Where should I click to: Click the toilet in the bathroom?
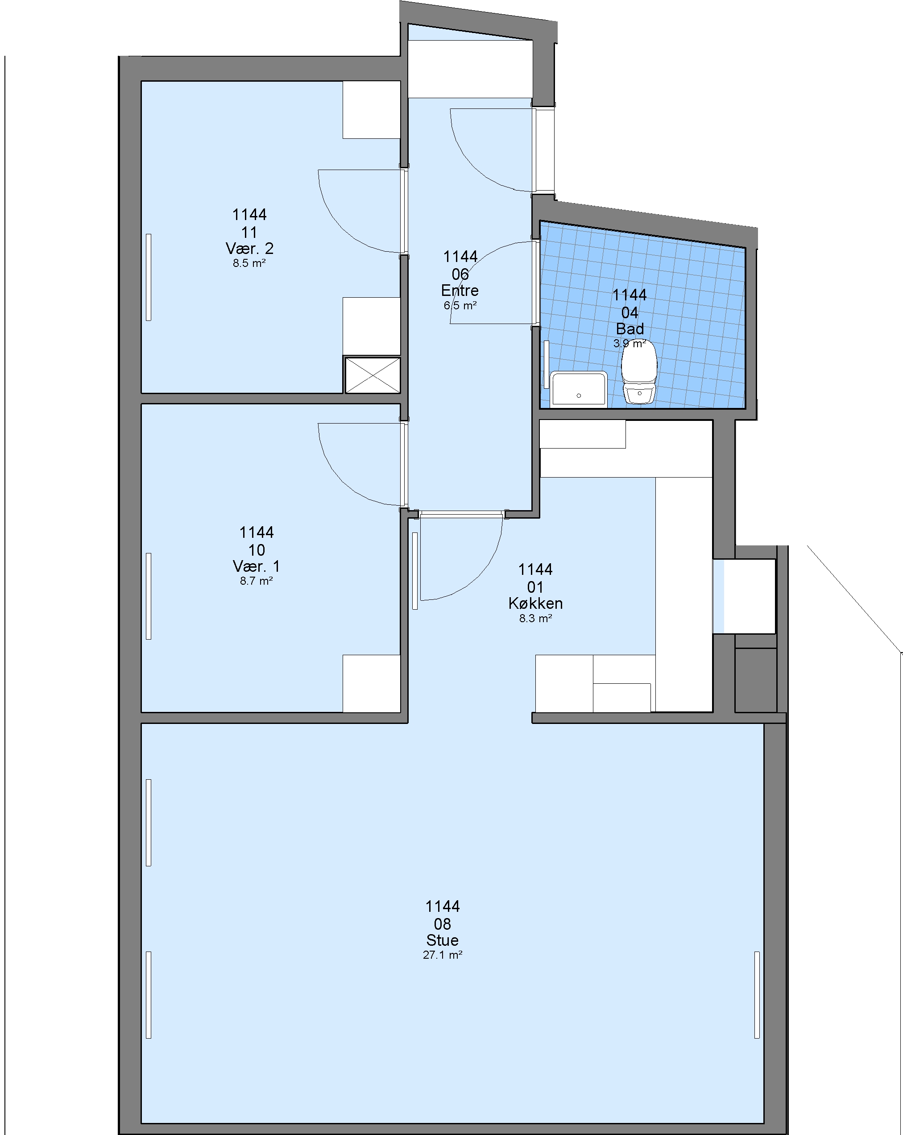click(639, 372)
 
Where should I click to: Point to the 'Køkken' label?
click(536, 603)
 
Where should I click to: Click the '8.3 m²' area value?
click(536, 619)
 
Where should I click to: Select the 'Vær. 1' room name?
click(256, 566)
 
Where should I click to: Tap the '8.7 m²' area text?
click(256, 581)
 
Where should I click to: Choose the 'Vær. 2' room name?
click(249, 249)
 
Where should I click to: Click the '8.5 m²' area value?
click(249, 263)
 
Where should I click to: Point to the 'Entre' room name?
click(460, 291)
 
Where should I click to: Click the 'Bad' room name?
click(630, 329)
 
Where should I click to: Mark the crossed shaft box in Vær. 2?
click(373, 375)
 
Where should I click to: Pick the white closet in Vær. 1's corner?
click(372, 683)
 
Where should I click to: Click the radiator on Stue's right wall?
click(757, 995)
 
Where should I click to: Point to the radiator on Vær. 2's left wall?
click(149, 278)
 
